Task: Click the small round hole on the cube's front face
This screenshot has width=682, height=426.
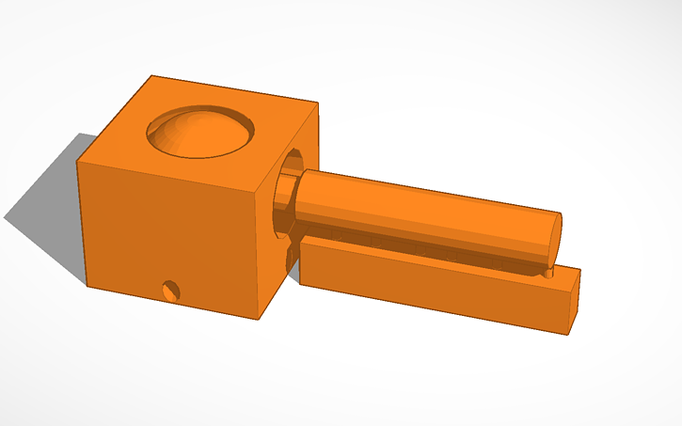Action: tap(170, 291)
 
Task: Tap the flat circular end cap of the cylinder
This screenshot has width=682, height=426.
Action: tap(553, 243)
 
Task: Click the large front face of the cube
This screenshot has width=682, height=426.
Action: tap(169, 235)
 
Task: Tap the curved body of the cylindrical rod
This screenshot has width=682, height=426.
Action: tap(423, 212)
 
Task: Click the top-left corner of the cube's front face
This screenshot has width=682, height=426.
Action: tap(78, 164)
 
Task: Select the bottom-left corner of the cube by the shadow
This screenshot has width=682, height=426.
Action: tap(87, 285)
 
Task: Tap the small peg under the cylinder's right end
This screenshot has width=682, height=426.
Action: tap(548, 274)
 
